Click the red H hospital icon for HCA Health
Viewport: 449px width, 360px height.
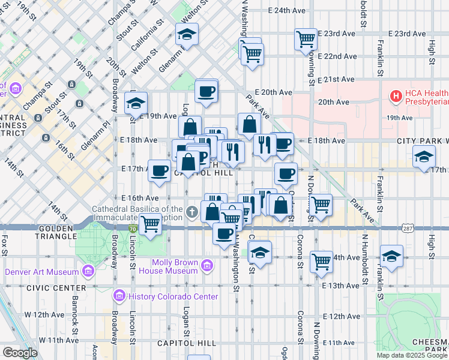pos(396,95)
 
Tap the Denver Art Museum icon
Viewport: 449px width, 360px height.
pos(88,272)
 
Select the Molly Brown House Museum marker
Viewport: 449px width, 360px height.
pos(207,265)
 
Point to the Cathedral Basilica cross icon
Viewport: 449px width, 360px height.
pos(191,212)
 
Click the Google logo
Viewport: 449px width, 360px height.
pos(20,353)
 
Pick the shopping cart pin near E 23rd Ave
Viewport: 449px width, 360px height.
pos(306,40)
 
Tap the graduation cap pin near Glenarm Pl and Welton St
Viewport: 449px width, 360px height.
pos(187,35)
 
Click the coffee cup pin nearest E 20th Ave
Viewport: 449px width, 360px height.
pos(206,91)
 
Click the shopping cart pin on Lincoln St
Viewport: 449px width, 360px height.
pos(150,225)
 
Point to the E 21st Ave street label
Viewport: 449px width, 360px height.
pos(339,79)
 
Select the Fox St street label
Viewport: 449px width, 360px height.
pos(4,245)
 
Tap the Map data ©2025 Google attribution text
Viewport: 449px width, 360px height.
pos(412,355)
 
